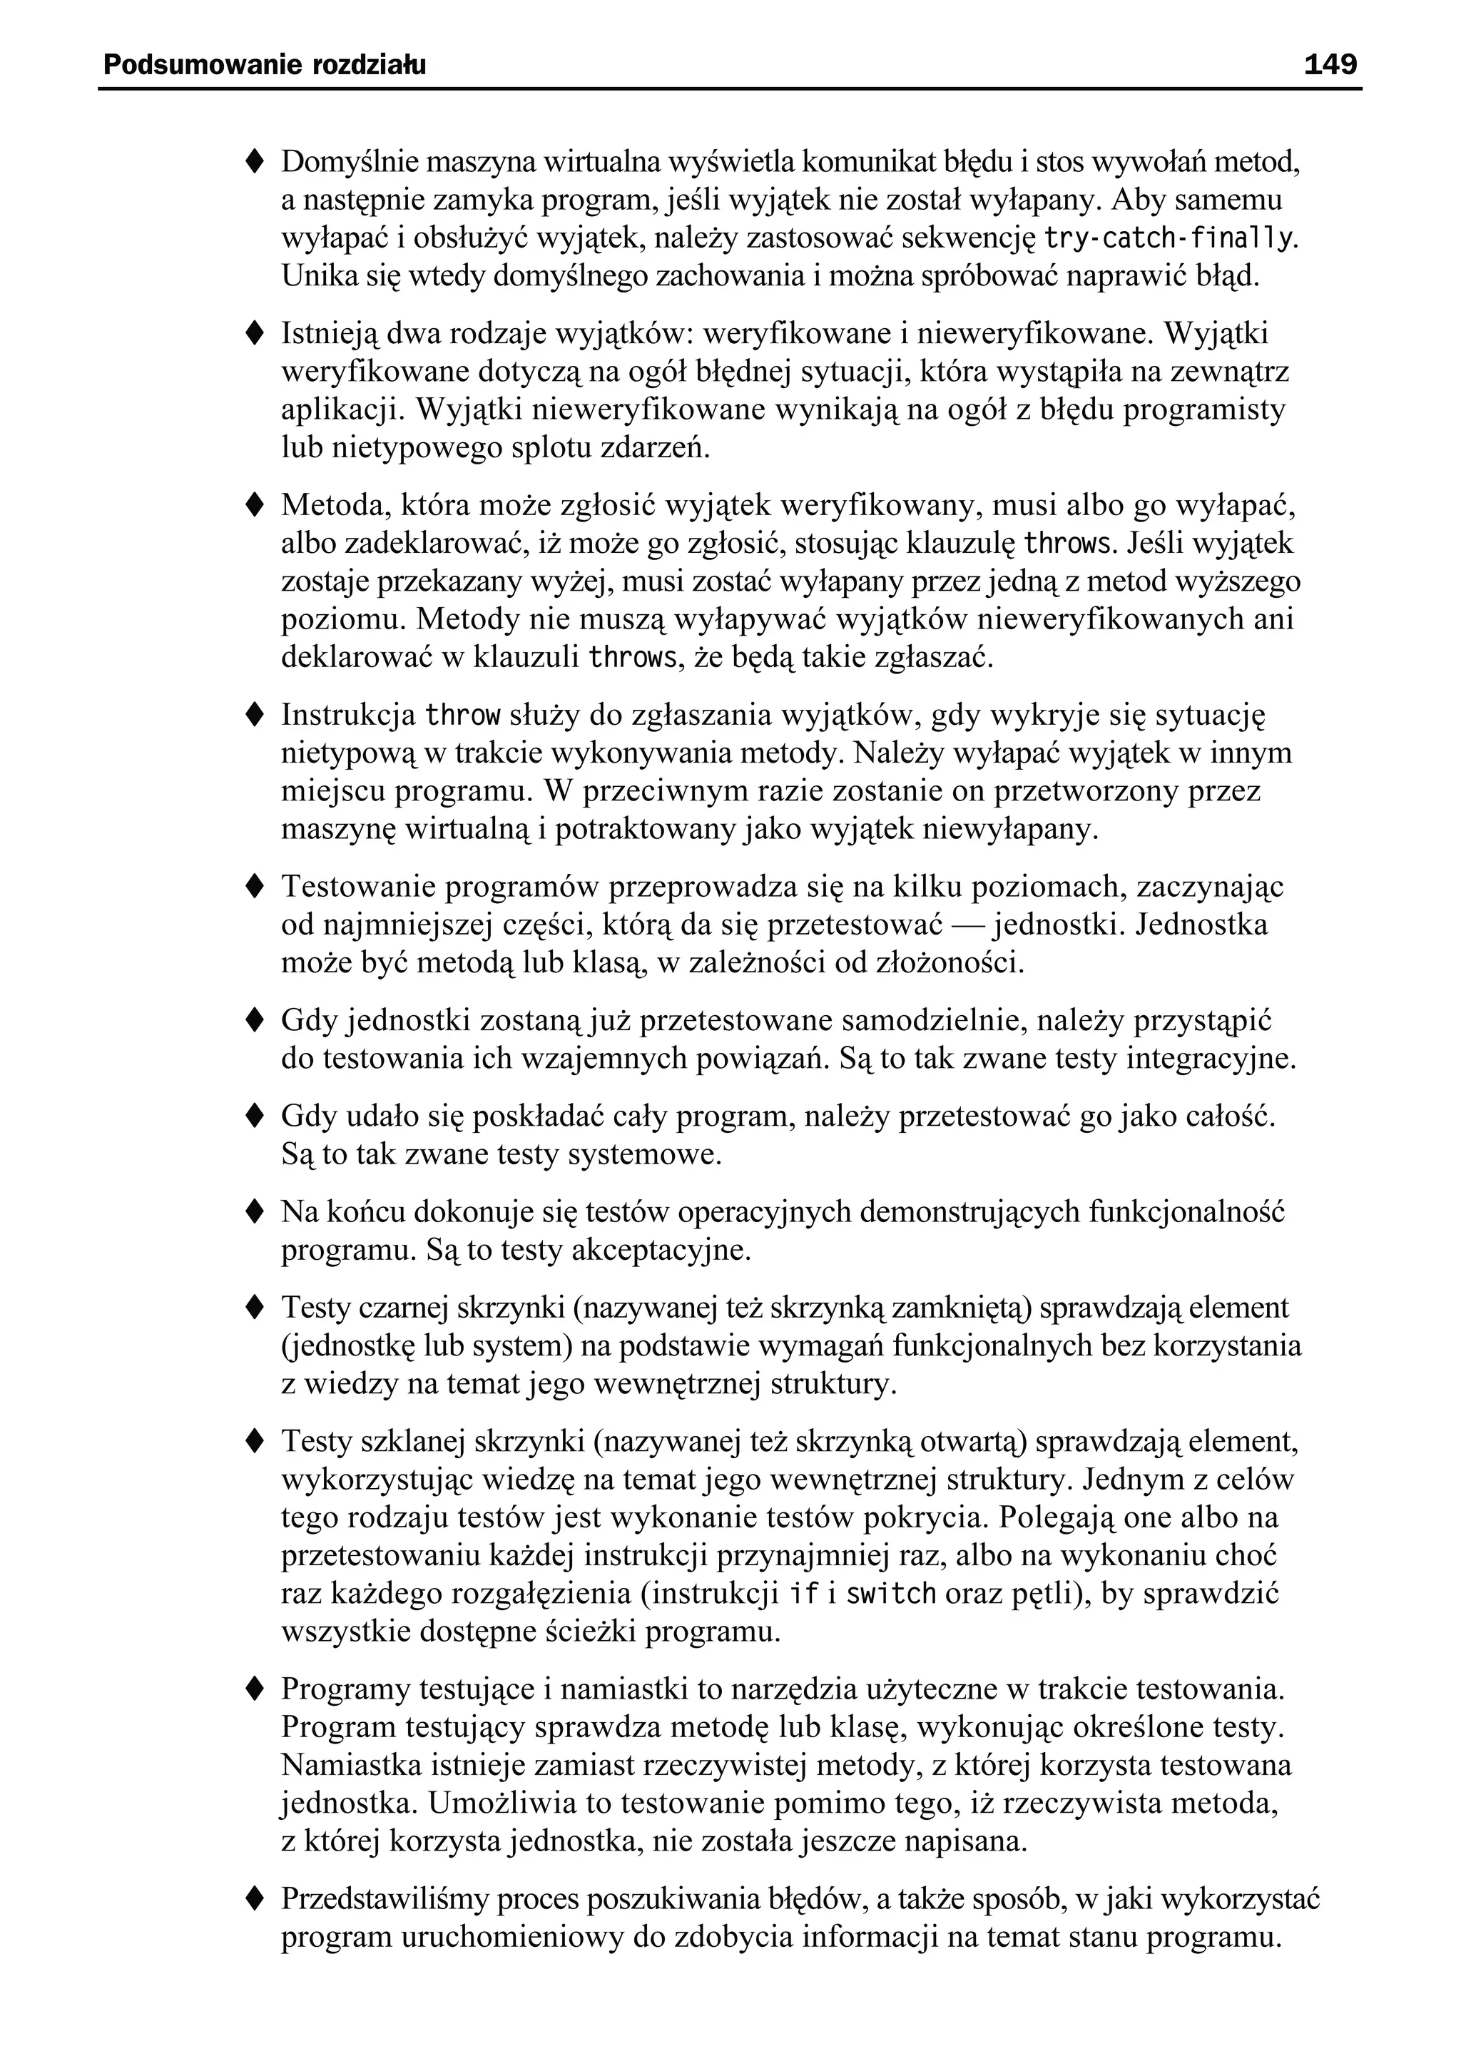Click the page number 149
coord(1330,65)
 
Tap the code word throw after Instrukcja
coord(462,716)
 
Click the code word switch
coord(892,1594)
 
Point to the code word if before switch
coord(803,1594)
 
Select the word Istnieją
coord(327,334)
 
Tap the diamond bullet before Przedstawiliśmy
coord(255,1899)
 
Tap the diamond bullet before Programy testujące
coord(255,1689)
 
